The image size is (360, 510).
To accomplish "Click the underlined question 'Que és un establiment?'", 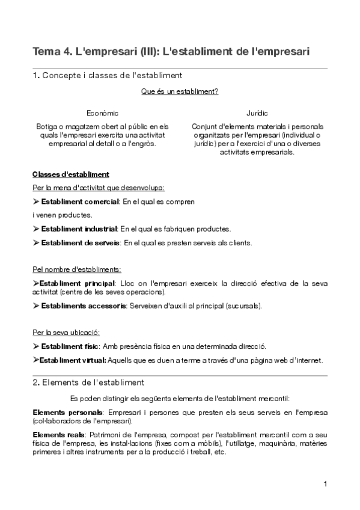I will pos(179,92).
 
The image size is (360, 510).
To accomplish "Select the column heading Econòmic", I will pos(102,113).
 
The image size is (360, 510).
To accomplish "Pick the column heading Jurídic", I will pos(257,113).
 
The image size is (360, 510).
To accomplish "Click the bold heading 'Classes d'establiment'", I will pos(70,174).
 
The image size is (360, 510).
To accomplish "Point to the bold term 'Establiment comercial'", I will pos(80,201).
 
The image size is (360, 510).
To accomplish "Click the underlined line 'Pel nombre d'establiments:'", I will pos(76,269).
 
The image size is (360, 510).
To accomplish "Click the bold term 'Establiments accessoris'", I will pos(83,306).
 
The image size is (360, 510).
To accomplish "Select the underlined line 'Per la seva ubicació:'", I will pos(66,332).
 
